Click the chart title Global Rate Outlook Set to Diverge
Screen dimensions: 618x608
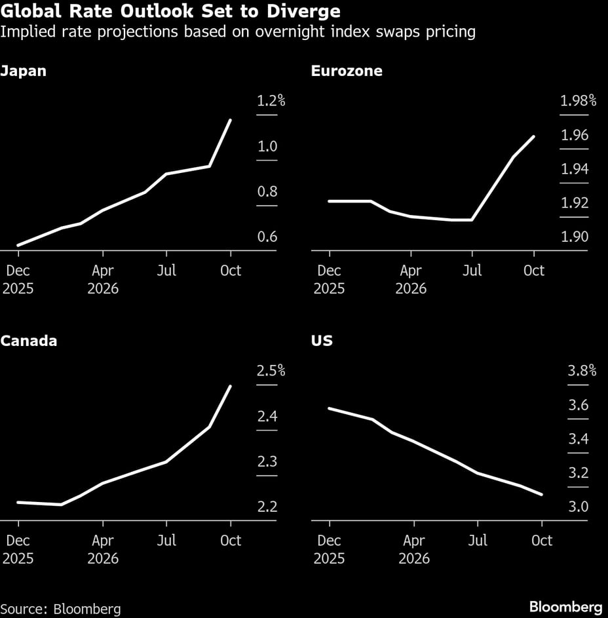tap(170, 11)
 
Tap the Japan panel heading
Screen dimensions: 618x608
tap(24, 71)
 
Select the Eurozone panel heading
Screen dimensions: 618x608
tap(347, 71)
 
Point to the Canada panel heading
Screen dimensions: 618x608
tap(29, 341)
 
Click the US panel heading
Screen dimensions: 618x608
tap(322, 341)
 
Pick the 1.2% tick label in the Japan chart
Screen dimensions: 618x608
tap(271, 101)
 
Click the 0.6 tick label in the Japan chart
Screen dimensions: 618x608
tap(267, 237)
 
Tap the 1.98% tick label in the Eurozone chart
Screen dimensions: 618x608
tap(578, 101)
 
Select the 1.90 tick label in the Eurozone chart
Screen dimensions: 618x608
tap(574, 237)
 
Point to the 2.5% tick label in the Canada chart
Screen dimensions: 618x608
tap(271, 371)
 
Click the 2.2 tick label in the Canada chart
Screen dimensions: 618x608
tap(267, 507)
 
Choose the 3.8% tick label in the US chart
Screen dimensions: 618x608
tap(582, 371)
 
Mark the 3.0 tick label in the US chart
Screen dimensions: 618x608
tap(578, 507)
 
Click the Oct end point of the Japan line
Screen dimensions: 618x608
tap(230, 120)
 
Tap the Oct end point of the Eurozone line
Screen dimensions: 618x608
tap(534, 136)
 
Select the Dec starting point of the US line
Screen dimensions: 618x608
tap(329, 408)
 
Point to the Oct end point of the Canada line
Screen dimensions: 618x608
tap(230, 386)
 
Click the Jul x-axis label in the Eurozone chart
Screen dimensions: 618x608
tap(472, 270)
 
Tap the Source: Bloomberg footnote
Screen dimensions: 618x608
tap(61, 608)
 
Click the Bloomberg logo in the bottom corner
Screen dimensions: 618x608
tap(565, 606)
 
